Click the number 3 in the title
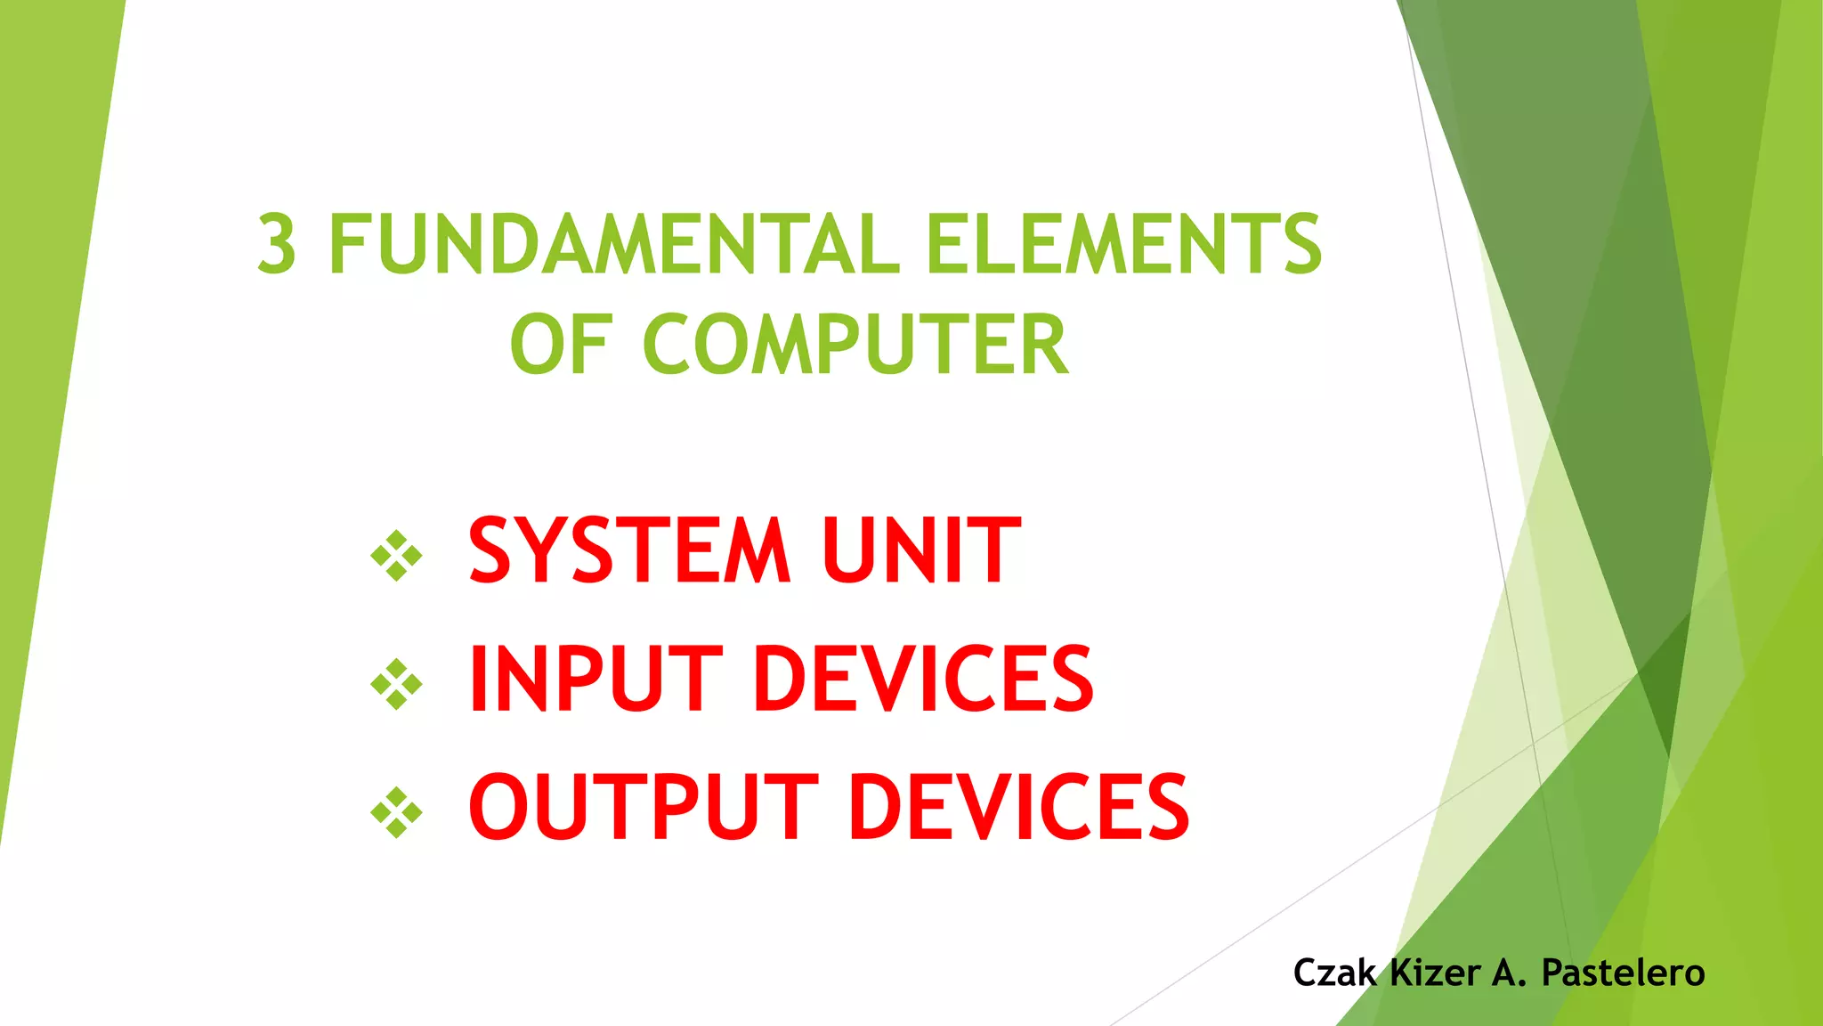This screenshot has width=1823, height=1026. coord(277,244)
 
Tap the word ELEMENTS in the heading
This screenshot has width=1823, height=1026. coord(1123,244)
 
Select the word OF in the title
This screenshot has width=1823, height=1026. coord(560,346)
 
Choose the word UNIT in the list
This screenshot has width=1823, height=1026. coord(921,551)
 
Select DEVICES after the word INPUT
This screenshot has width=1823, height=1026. coord(924,680)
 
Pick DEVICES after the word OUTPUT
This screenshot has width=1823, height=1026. coord(1019,807)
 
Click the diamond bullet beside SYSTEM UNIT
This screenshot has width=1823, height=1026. coord(396,556)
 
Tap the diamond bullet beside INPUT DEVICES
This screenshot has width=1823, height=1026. coord(396,684)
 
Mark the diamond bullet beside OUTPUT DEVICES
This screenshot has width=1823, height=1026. coord(396,812)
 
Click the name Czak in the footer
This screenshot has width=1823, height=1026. coord(1334,973)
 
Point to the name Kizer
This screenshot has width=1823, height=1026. coord(1435,973)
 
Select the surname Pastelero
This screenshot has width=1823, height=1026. coord(1623,973)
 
